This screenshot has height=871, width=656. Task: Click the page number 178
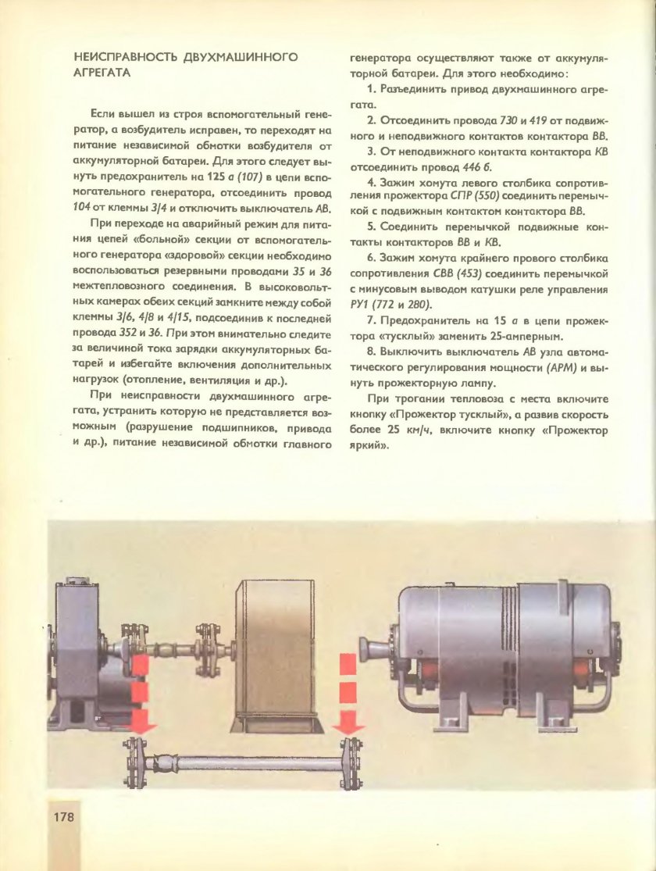(63, 817)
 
